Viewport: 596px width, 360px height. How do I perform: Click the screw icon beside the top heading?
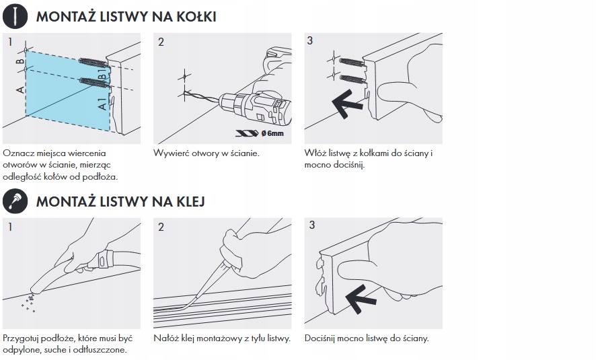coord(15,16)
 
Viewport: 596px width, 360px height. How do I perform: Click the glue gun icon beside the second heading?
coord(15,201)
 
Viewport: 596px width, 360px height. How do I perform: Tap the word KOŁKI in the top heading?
coord(196,17)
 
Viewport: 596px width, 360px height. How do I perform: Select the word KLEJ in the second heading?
coord(191,201)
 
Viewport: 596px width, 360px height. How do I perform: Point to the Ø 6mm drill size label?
coord(272,133)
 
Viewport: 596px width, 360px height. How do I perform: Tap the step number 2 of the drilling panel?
coord(161,42)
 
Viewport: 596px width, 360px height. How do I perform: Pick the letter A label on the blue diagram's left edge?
coord(20,89)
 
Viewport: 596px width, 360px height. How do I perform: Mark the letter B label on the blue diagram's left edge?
coord(20,61)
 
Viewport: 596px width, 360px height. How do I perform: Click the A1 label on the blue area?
coord(102,104)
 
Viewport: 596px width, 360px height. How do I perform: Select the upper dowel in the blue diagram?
coord(94,63)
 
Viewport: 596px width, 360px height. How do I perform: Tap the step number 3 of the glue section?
coord(312,225)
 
